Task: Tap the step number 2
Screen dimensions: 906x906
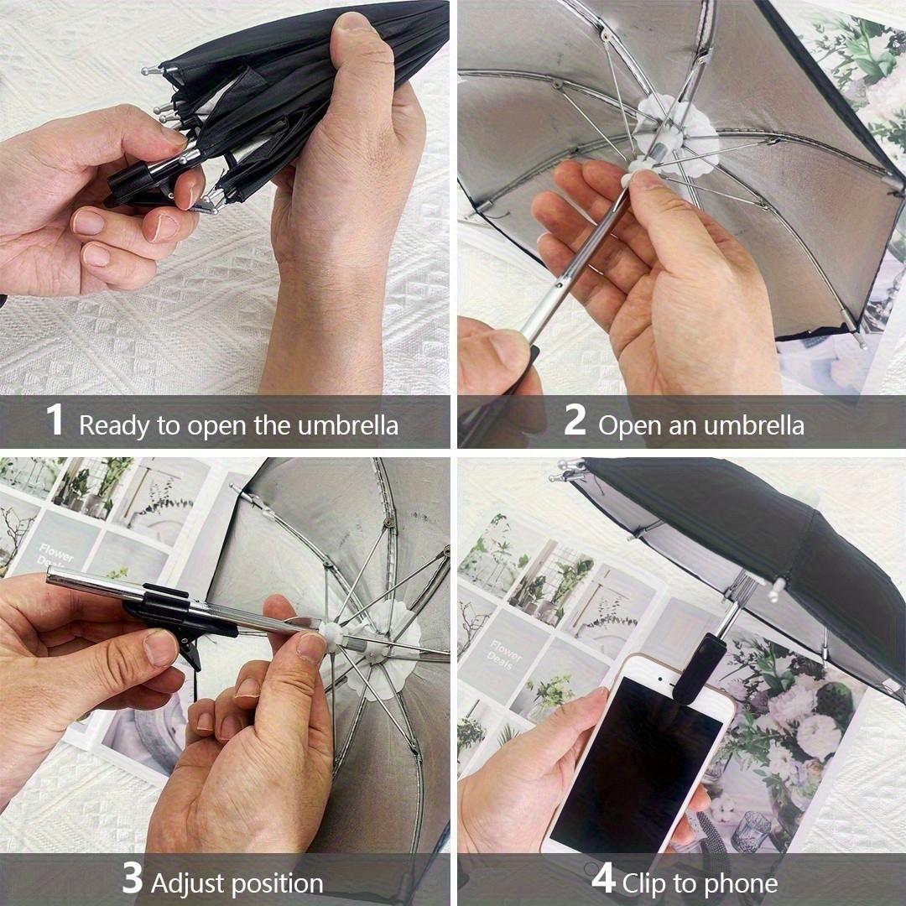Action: click(x=574, y=421)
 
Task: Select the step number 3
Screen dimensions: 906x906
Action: click(x=132, y=879)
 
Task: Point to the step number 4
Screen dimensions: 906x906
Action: click(x=603, y=879)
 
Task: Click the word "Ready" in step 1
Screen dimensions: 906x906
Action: click(x=115, y=425)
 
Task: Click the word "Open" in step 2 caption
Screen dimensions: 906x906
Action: click(x=630, y=425)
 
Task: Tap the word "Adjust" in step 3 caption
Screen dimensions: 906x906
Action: click(x=188, y=883)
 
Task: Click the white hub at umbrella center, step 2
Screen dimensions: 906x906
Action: click(x=675, y=134)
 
